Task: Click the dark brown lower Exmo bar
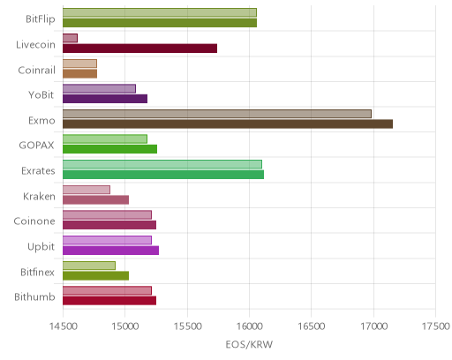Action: pos(228,124)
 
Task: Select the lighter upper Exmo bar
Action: pos(217,114)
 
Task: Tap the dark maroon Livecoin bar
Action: pos(139,49)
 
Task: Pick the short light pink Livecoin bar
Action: pos(70,38)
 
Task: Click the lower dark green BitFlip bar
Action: pos(160,23)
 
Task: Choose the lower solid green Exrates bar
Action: pos(163,175)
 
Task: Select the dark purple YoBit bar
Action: pos(105,99)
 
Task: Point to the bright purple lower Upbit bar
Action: pos(110,251)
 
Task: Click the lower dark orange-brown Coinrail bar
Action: pos(79,73)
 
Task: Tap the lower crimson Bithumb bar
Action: pos(109,301)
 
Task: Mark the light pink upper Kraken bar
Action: pos(87,190)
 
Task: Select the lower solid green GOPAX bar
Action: pos(109,149)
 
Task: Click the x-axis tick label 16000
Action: pos(250,326)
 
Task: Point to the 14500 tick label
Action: pos(63,326)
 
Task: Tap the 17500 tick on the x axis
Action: pos(436,326)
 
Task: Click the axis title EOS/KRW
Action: pos(249,344)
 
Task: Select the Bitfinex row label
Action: pos(37,272)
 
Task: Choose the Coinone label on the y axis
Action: pos(34,221)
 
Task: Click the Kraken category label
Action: pos(39,196)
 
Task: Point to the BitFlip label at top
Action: pos(41,19)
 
